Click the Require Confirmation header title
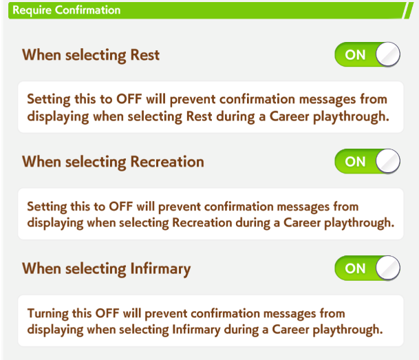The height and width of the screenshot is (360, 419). pyautogui.click(x=67, y=10)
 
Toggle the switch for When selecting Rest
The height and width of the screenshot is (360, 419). pyautogui.click(x=367, y=54)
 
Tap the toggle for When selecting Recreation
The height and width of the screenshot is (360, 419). pyautogui.click(x=367, y=162)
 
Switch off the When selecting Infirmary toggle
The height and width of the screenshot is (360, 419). pyautogui.click(x=367, y=268)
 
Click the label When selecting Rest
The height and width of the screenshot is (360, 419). pyautogui.click(x=91, y=55)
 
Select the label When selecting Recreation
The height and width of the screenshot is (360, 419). pyautogui.click(x=113, y=162)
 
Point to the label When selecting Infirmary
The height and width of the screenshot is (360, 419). pyautogui.click(x=107, y=269)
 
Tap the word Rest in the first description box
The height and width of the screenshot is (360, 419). pyautogui.click(x=199, y=116)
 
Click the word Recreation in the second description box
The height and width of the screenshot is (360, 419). pyautogui.click(x=202, y=222)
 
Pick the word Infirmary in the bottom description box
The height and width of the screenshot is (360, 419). pyautogui.click(x=196, y=330)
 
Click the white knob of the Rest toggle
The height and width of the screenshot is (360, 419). pyautogui.click(x=388, y=54)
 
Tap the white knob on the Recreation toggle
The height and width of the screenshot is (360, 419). pyautogui.click(x=388, y=161)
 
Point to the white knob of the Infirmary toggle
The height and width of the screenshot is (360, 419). pyautogui.click(x=388, y=268)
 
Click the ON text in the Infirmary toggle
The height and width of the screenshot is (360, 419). pyautogui.click(x=355, y=268)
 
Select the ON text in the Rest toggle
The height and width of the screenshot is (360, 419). pyautogui.click(x=355, y=55)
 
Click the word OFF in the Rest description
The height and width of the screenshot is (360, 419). pyautogui.click(x=129, y=99)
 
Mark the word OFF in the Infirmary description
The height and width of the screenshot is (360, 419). pyautogui.click(x=107, y=313)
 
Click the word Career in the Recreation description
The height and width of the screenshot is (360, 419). pyautogui.click(x=302, y=222)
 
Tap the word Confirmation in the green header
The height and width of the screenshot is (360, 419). pyautogui.click(x=87, y=10)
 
